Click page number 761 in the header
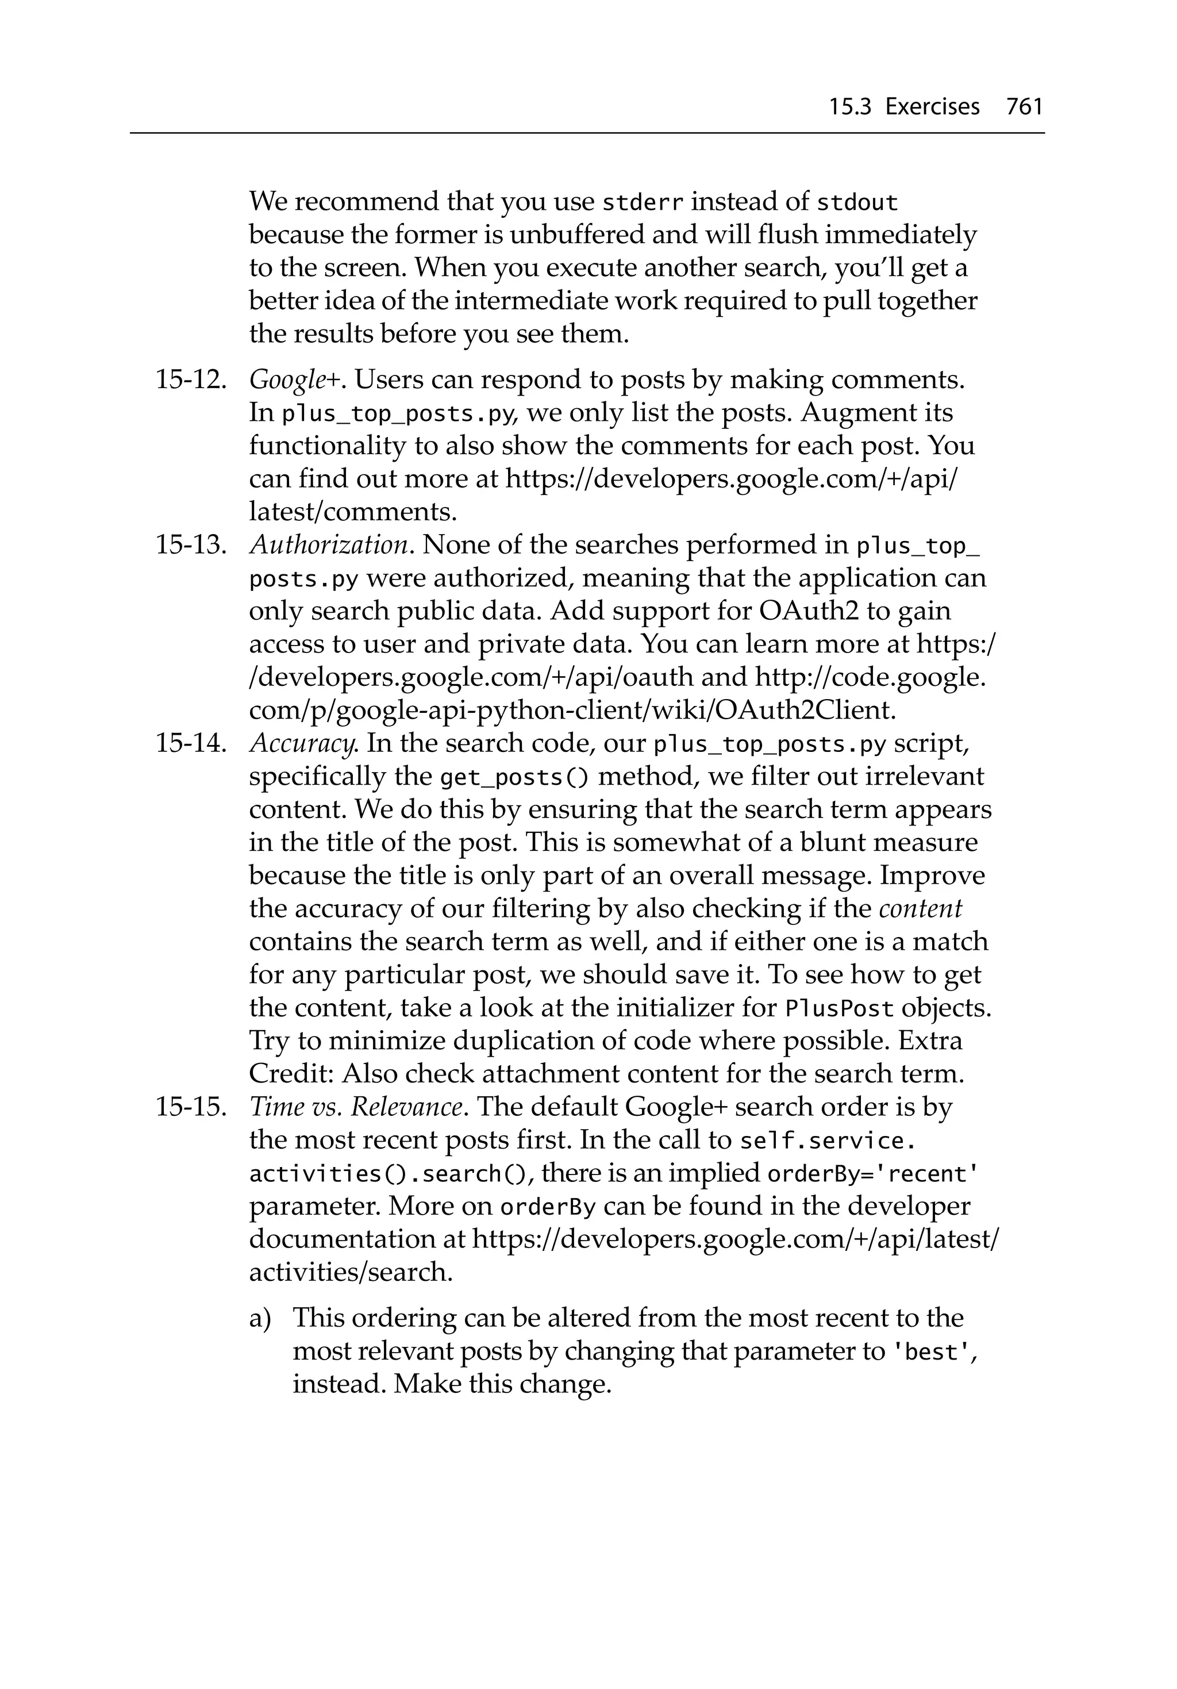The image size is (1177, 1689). pyautogui.click(x=1024, y=107)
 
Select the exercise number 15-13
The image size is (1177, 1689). pyautogui.click(x=190, y=545)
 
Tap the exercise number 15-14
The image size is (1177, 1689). pyautogui.click(x=190, y=744)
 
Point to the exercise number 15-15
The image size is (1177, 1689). pyautogui.click(x=190, y=1107)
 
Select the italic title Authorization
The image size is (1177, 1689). pyautogui.click(x=328, y=545)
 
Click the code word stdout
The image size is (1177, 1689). pyautogui.click(x=857, y=202)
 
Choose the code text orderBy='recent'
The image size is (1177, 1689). pyautogui.click(x=872, y=1174)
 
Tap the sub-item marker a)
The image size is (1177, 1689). pyautogui.click(x=260, y=1318)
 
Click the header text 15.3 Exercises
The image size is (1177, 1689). pyautogui.click(x=904, y=107)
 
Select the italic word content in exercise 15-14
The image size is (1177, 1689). pyautogui.click(x=920, y=909)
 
